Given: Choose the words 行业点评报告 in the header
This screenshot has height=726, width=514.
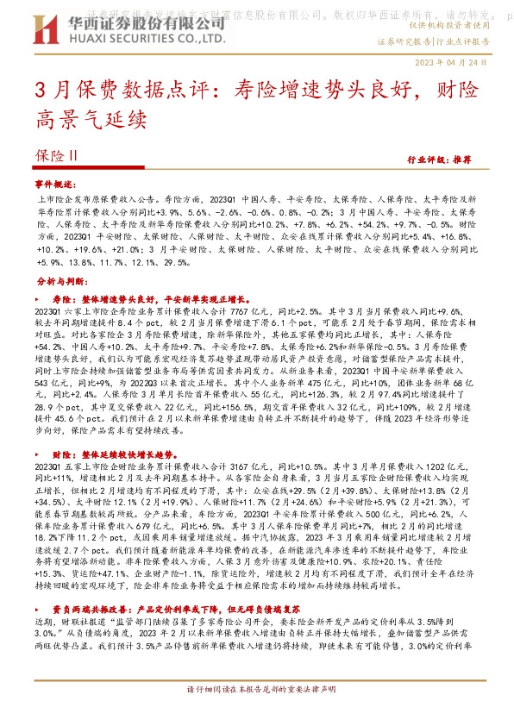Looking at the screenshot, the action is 473,41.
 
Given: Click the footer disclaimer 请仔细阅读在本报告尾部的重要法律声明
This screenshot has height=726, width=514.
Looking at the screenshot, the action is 260,715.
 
